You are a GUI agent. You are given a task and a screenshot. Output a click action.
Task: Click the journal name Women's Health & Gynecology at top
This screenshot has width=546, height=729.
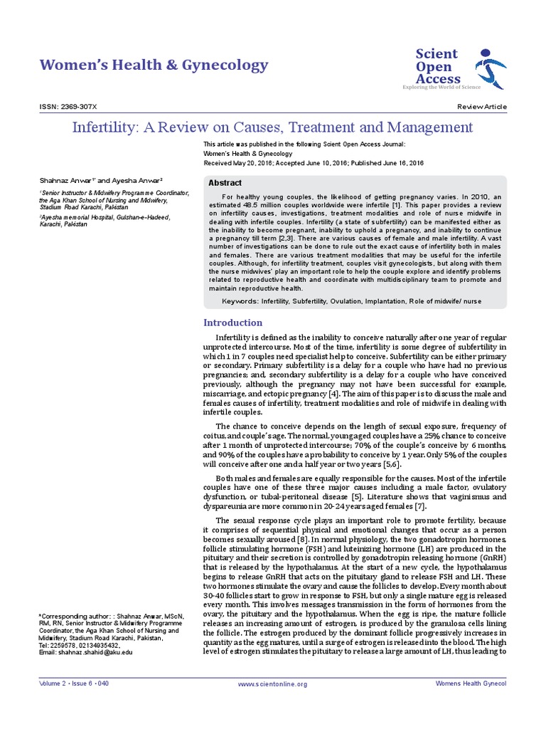pos(154,65)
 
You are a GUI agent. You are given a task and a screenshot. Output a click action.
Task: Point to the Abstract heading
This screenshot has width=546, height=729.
pos(225,183)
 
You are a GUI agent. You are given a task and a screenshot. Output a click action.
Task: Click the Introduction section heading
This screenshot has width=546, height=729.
pos(233,322)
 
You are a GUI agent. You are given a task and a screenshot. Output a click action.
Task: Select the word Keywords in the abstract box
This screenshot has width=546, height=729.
pos(240,302)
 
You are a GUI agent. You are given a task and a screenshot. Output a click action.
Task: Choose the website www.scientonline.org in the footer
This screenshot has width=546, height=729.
pos(272,684)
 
